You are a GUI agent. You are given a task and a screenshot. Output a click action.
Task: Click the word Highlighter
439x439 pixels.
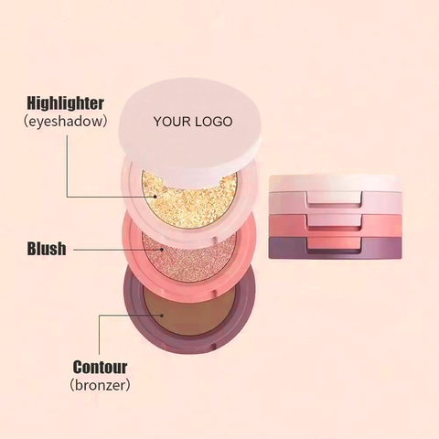(x=65, y=103)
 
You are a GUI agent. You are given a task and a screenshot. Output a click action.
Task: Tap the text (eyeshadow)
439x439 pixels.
(x=65, y=122)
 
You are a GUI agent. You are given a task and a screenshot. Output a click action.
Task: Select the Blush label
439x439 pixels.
(x=47, y=249)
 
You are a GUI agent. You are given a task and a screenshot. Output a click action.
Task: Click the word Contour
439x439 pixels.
(x=100, y=367)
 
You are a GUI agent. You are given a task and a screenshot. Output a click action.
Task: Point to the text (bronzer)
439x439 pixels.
(x=100, y=385)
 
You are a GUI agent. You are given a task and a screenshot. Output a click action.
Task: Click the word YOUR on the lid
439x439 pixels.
(x=172, y=122)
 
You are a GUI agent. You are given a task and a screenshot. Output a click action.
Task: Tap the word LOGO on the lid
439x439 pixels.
(x=213, y=122)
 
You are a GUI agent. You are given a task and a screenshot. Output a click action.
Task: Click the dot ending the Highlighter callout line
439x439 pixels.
(x=155, y=197)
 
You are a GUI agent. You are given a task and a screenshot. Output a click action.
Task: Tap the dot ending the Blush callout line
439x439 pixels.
(x=162, y=250)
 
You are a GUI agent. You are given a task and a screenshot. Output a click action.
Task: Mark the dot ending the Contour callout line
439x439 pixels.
(x=163, y=316)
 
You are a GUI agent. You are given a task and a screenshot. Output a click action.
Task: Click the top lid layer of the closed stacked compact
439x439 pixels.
(x=336, y=183)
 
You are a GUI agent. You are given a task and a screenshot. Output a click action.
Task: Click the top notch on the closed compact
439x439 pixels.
(x=335, y=198)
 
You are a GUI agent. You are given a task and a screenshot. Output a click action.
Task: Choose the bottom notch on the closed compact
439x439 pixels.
(x=335, y=244)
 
